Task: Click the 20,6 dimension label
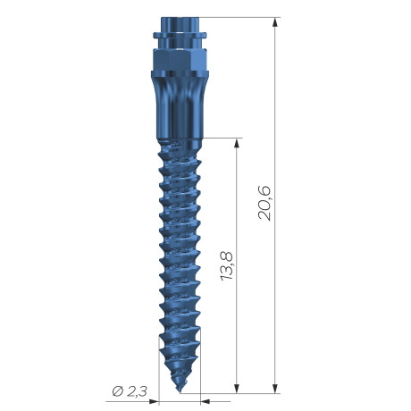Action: (264, 203)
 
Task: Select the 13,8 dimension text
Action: (227, 265)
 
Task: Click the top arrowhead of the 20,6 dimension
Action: (275, 22)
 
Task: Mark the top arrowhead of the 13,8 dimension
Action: (237, 143)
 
